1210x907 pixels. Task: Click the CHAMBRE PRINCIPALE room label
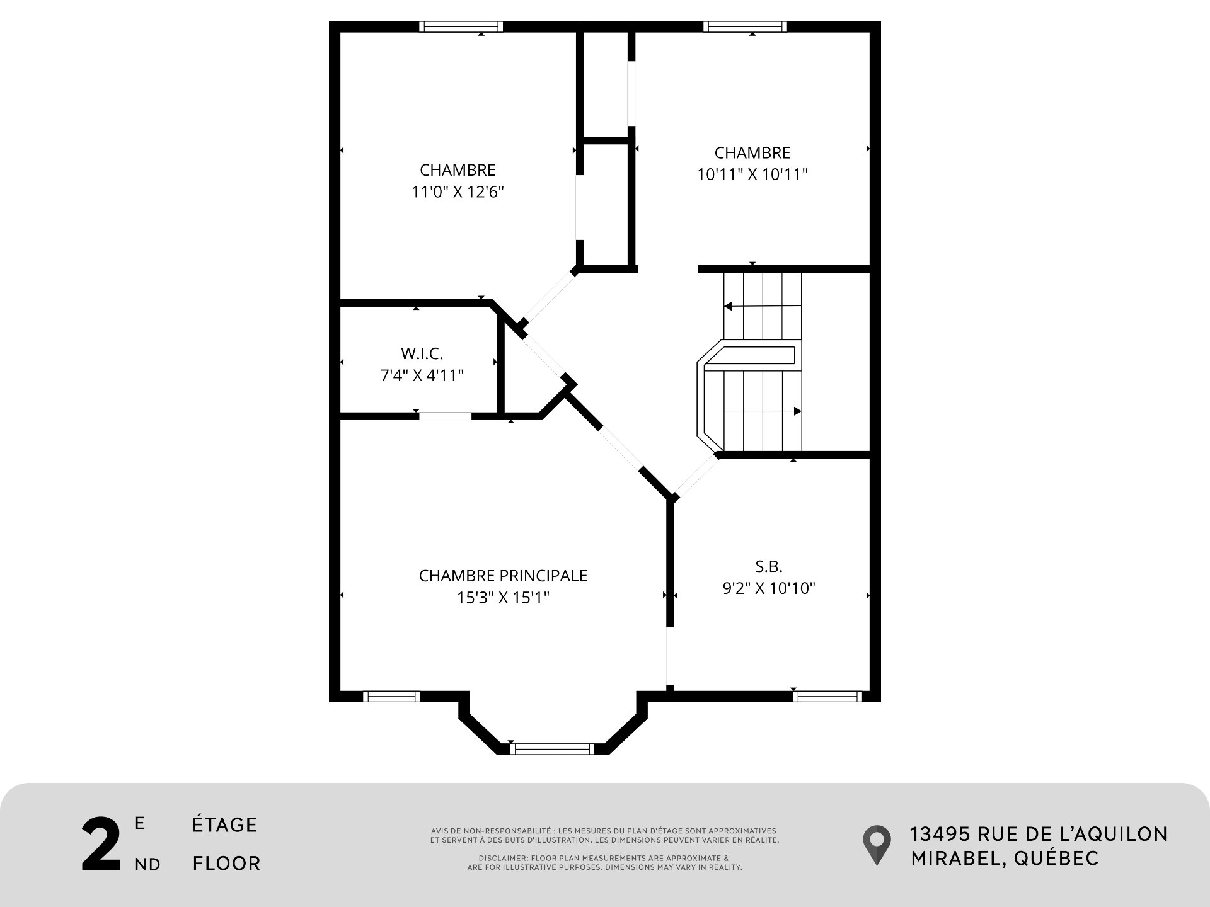coord(503,576)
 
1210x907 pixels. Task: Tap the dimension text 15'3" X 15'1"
coord(503,597)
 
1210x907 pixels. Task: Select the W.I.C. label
coord(422,353)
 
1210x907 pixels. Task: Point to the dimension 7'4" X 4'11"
coord(422,375)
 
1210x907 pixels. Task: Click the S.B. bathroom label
coord(769,566)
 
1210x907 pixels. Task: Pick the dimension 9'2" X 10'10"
coord(769,588)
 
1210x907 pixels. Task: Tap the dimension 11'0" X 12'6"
coord(458,191)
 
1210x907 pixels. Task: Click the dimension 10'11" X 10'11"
coord(752,174)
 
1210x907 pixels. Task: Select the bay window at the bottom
coord(551,748)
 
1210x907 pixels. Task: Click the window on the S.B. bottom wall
coord(827,696)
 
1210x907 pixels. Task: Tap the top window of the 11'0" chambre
coord(461,26)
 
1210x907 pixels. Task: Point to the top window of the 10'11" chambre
coord(745,26)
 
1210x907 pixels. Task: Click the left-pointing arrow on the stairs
coord(728,306)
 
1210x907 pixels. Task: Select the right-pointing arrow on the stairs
coord(797,411)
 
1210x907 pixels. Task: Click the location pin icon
coord(877,844)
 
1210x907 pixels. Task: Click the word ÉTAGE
coord(225,824)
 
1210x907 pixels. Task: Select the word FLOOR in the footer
coord(226,863)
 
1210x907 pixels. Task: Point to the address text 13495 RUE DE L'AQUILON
coord(1039,834)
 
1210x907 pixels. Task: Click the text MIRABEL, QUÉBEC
coord(1005,858)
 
